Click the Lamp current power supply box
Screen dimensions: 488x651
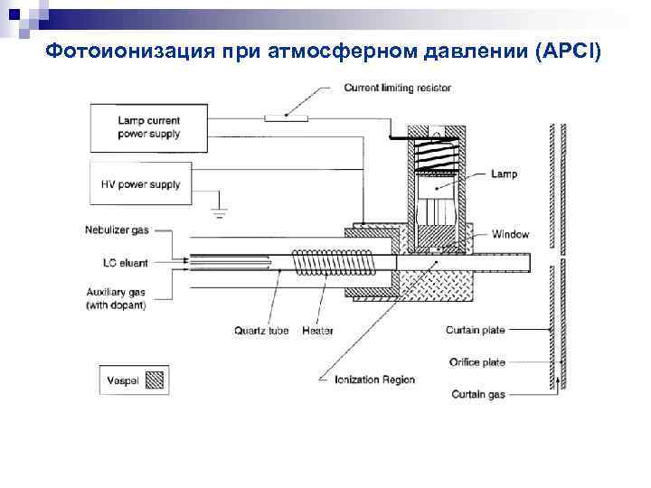(148, 127)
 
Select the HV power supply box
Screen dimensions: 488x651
(148, 184)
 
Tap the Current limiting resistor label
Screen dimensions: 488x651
(397, 88)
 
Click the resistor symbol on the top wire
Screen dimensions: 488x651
(286, 117)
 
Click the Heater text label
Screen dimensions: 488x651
(317, 331)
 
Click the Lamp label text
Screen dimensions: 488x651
(505, 174)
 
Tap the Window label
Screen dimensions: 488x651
(510, 234)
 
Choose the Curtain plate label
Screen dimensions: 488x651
(475, 330)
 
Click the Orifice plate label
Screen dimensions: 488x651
(476, 362)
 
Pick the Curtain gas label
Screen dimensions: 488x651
(479, 395)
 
